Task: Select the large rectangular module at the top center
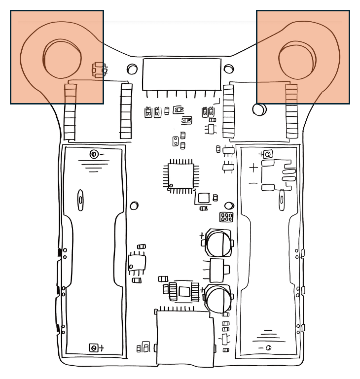[181, 74]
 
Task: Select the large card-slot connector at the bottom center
[185, 339]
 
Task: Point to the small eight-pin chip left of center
[137, 262]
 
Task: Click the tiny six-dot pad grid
[227, 217]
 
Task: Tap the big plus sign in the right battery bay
[253, 168]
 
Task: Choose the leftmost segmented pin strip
[70, 111]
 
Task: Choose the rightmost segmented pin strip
[292, 111]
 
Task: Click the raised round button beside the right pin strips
[260, 109]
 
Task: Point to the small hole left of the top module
[132, 69]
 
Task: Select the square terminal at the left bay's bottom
[92, 348]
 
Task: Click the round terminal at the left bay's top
[94, 154]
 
